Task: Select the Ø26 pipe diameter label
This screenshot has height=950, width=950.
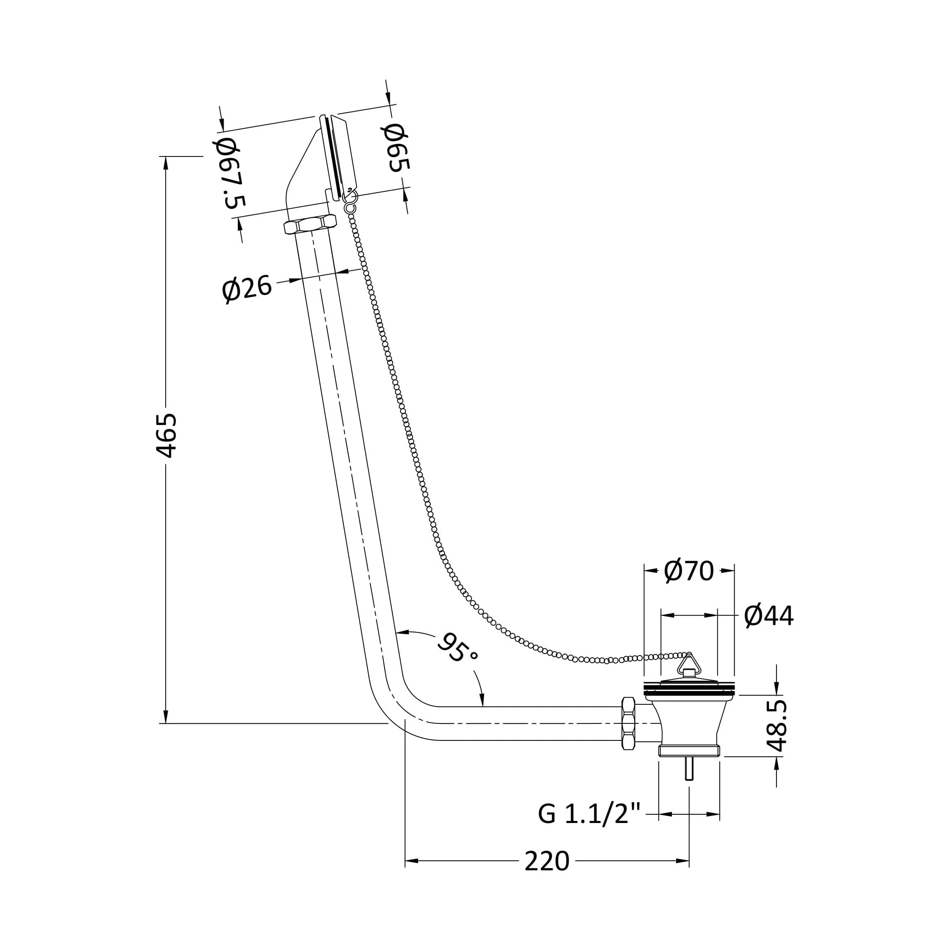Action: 247,289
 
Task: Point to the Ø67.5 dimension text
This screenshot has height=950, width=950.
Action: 230,173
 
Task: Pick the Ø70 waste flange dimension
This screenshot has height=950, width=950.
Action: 689,571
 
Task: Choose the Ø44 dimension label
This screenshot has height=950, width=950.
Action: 769,615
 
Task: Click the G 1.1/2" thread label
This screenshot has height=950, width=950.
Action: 590,814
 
